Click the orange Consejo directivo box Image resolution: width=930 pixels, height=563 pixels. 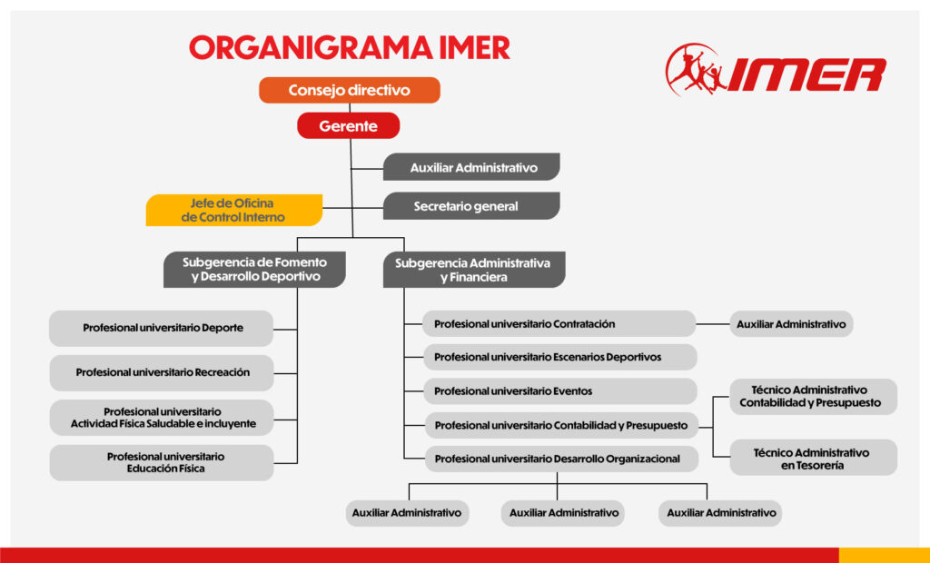(x=350, y=90)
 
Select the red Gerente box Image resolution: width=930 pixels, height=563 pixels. (x=348, y=126)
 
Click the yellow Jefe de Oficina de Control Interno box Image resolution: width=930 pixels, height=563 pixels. (x=234, y=210)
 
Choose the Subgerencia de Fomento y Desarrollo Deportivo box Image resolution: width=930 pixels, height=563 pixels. (x=254, y=270)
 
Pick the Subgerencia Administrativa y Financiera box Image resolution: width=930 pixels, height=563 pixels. (x=473, y=270)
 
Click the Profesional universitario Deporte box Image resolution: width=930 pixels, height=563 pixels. (x=162, y=328)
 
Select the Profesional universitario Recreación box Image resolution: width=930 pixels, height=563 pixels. (x=162, y=372)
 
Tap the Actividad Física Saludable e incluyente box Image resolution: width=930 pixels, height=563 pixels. (x=162, y=418)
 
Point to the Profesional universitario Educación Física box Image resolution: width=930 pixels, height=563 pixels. (x=162, y=462)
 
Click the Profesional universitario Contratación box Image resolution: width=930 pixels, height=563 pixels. (x=559, y=324)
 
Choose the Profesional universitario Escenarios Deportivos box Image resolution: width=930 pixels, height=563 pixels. (x=559, y=357)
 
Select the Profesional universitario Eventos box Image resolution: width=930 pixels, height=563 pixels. (x=559, y=391)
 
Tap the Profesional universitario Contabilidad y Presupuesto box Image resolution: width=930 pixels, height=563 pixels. (x=559, y=425)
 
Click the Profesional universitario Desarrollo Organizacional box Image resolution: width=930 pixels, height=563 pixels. (x=559, y=459)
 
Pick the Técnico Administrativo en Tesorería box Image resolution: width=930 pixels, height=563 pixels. (x=812, y=458)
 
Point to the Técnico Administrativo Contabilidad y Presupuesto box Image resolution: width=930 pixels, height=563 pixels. (x=812, y=396)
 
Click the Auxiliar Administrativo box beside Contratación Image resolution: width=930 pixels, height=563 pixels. (x=791, y=324)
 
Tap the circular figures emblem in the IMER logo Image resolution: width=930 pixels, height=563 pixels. (x=696, y=71)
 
